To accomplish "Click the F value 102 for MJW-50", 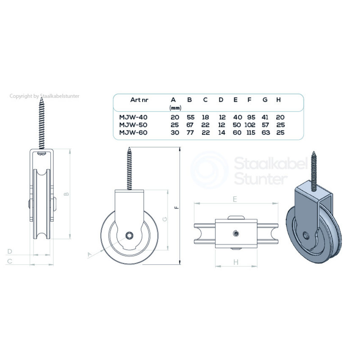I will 250,125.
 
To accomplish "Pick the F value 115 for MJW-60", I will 250,133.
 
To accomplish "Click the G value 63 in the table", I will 265,133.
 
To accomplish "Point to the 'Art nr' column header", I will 139,100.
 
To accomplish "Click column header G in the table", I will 265,100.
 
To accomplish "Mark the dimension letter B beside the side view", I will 66,194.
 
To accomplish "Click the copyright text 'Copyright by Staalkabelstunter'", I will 44,96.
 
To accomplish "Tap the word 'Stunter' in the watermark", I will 260,179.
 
